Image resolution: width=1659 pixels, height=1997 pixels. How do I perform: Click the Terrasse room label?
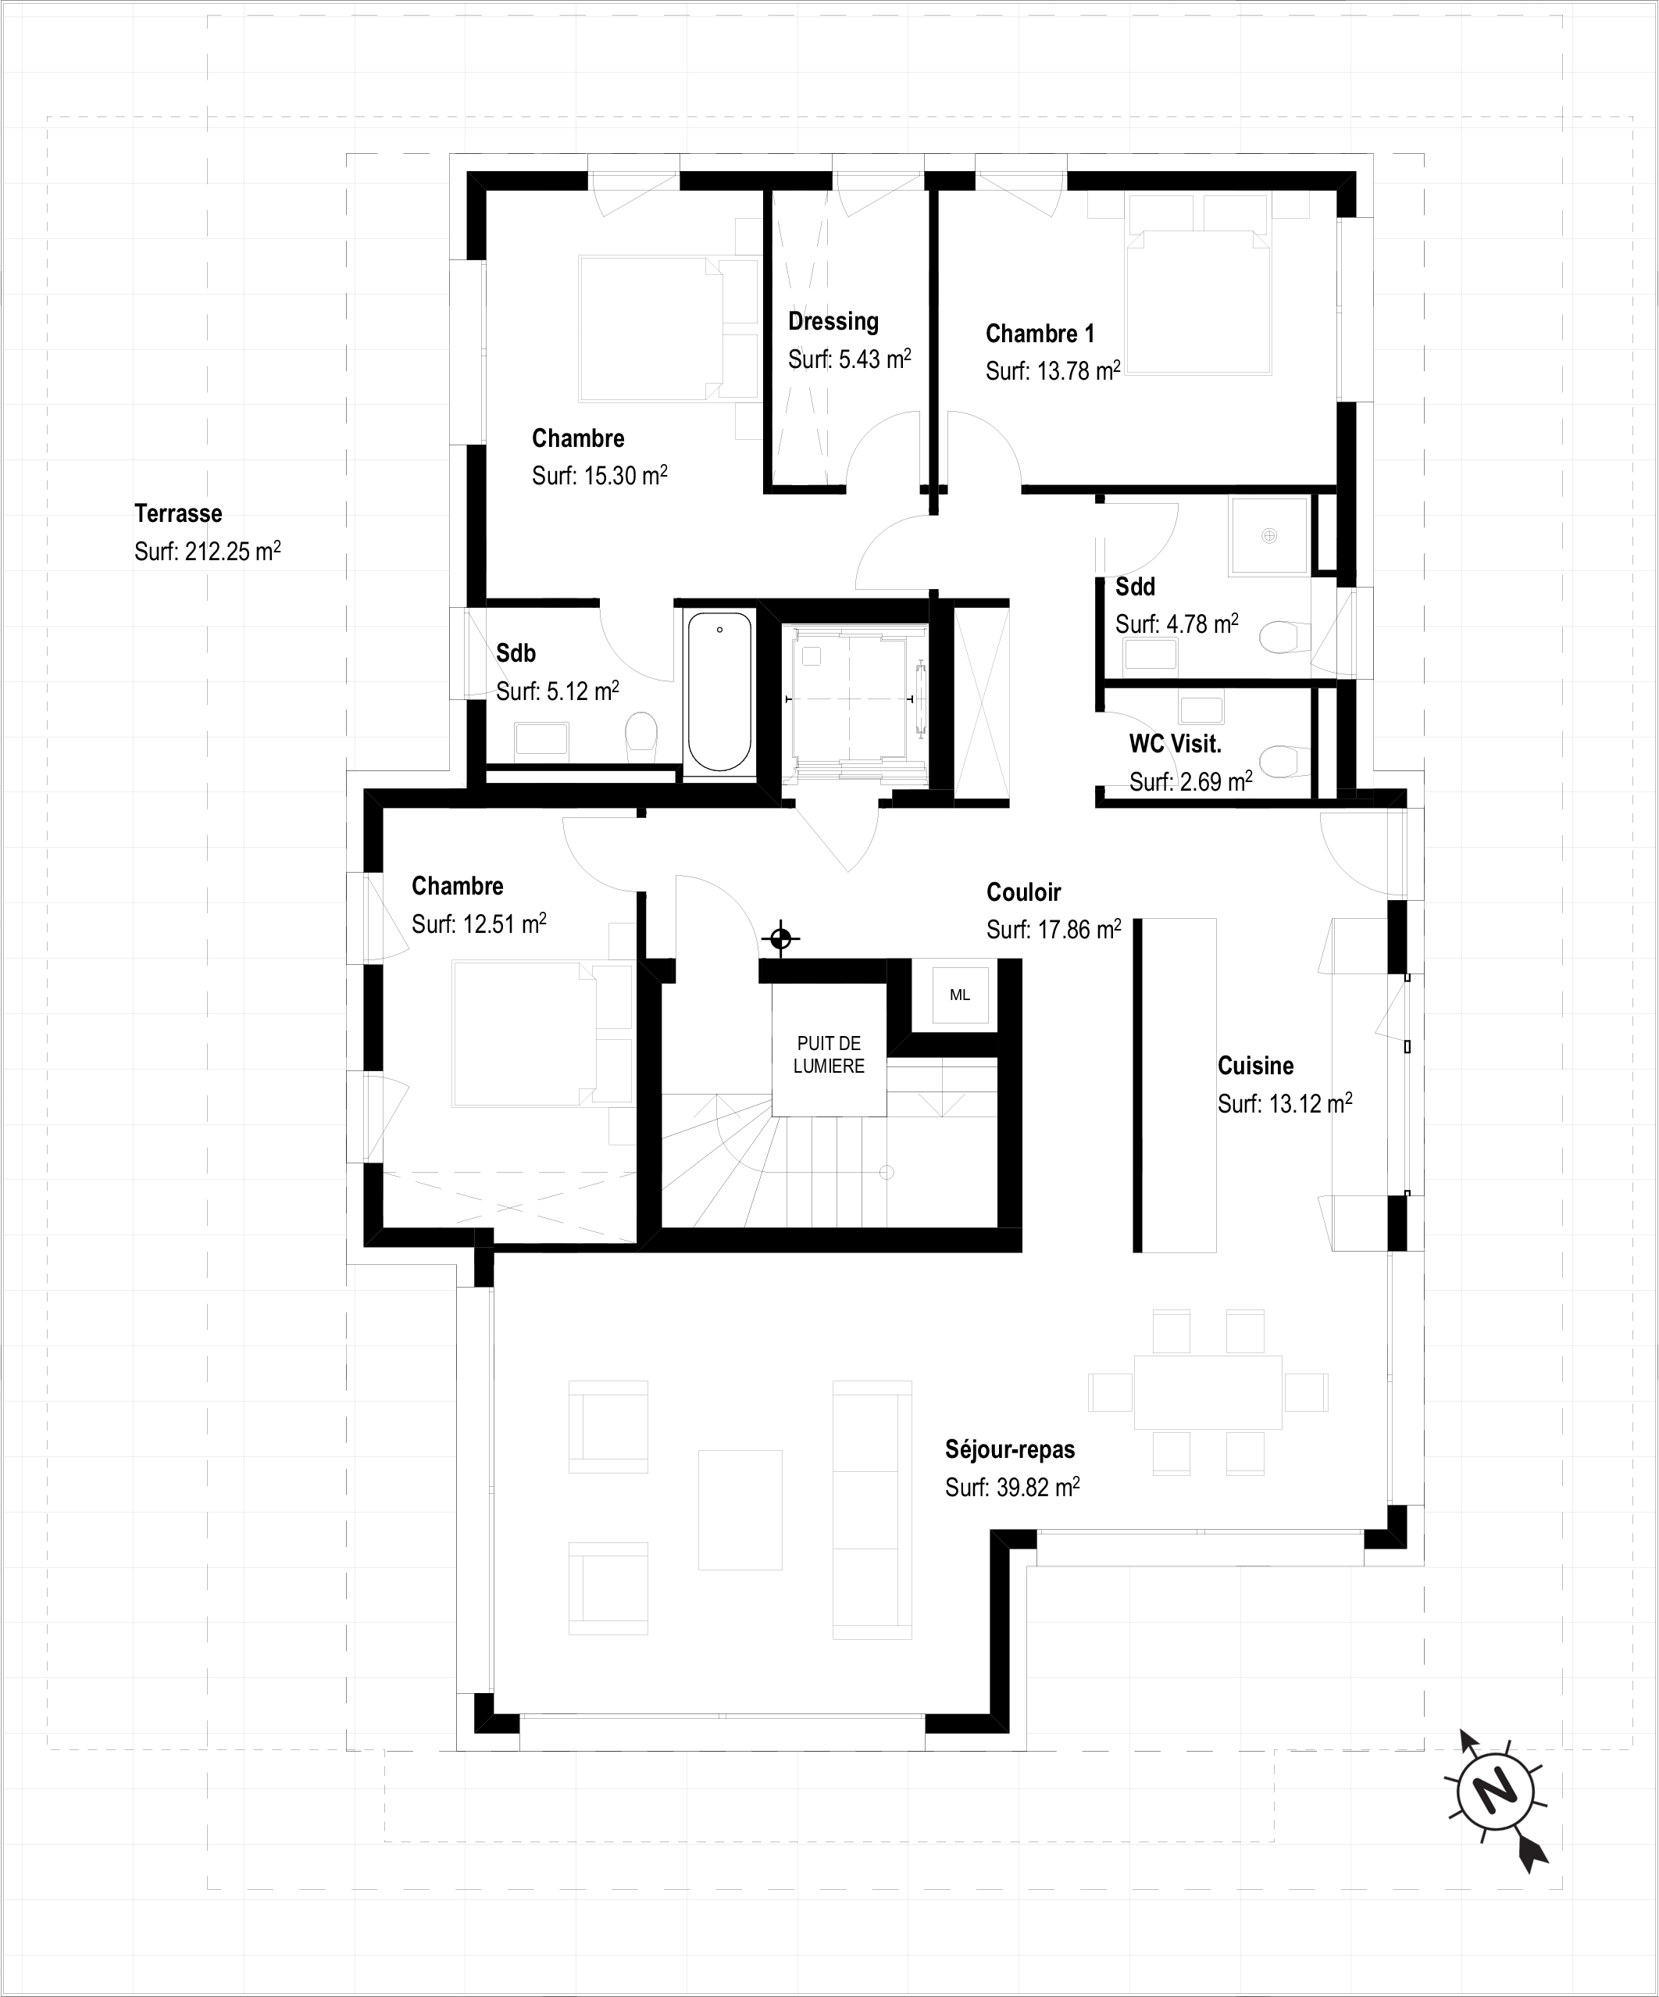tap(178, 513)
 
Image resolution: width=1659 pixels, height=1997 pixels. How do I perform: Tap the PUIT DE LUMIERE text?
tap(829, 1055)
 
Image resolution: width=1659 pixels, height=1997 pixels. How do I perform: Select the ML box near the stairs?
tap(960, 995)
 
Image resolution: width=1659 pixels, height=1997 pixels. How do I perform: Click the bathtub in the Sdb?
tap(719, 691)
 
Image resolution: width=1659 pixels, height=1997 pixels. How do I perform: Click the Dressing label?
tap(833, 321)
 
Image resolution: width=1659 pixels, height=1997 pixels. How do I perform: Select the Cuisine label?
tap(1255, 1066)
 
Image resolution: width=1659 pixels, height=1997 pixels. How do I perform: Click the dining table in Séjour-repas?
tap(1208, 1392)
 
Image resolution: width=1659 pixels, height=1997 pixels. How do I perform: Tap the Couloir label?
tap(1023, 892)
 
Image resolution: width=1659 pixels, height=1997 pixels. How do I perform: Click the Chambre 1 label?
tap(1040, 334)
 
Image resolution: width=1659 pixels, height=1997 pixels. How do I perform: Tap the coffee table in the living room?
tap(740, 1509)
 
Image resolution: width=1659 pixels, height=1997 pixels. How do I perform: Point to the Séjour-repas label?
tap(1010, 1450)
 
